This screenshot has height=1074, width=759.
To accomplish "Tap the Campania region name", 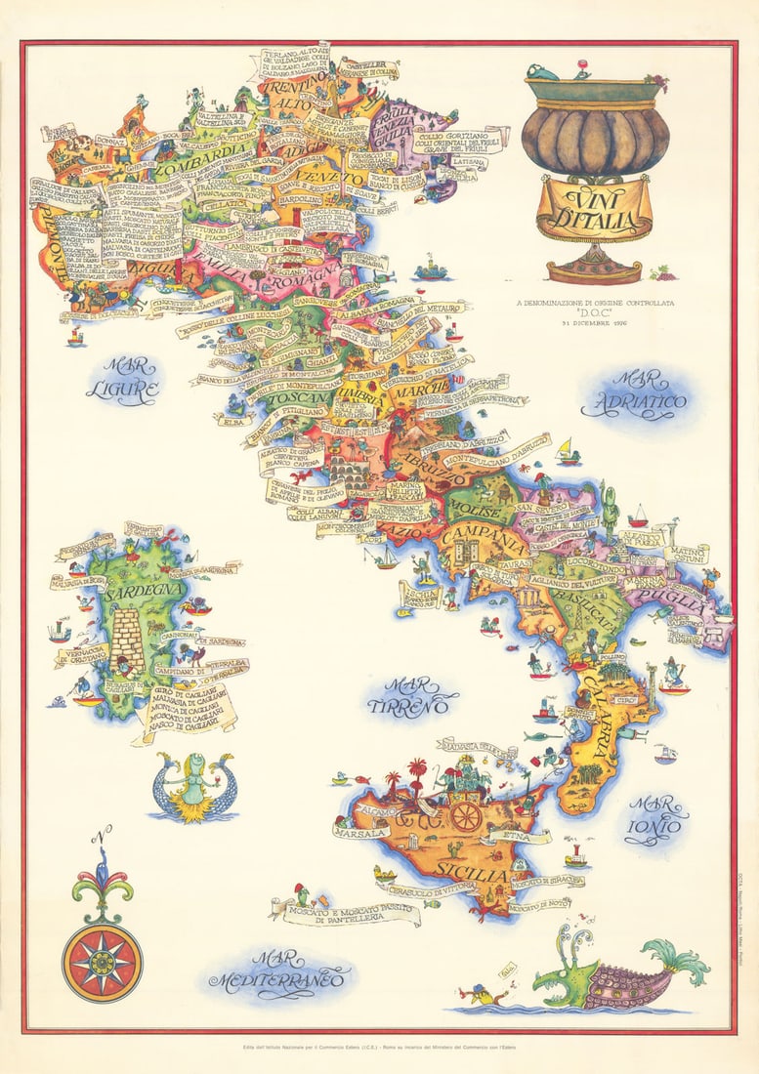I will point(483,537).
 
